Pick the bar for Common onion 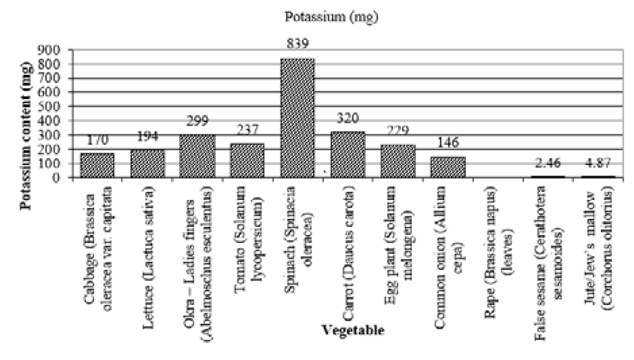tap(448, 167)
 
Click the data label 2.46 tap(548, 163)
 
